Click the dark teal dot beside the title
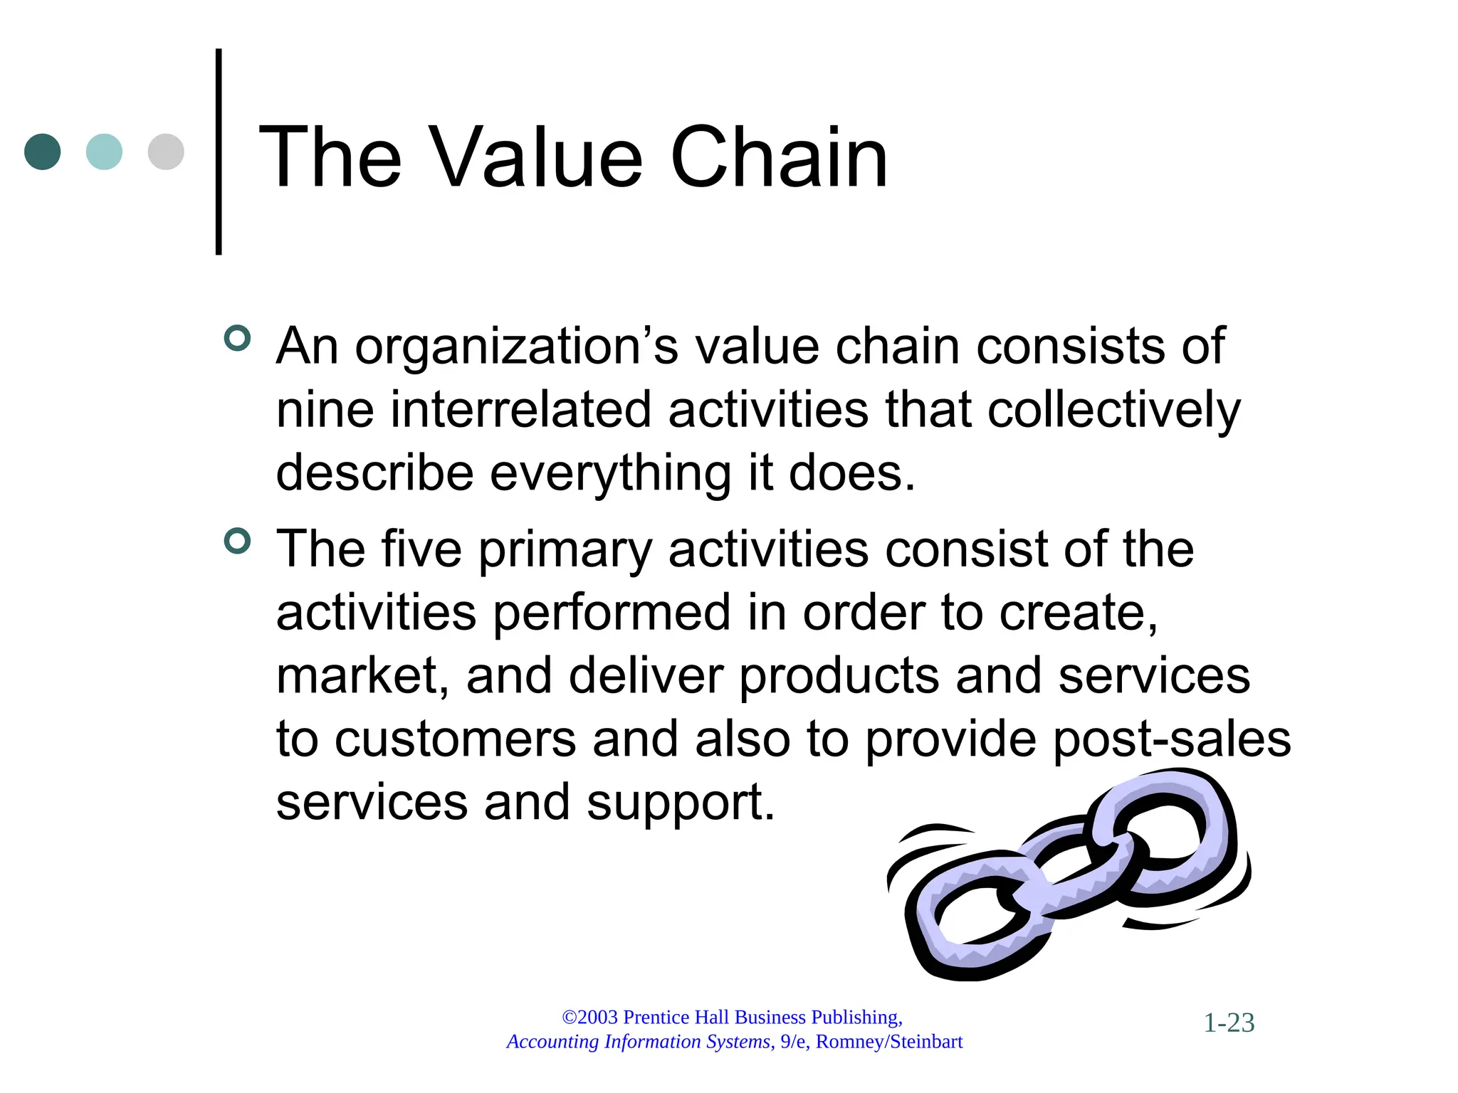(42, 152)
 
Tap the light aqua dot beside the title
(104, 152)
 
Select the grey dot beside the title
(166, 152)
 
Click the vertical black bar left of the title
(219, 152)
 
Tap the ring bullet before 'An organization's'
(237, 338)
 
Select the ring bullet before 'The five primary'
(237, 541)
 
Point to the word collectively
(1113, 411)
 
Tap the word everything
(610, 474)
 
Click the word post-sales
(1171, 740)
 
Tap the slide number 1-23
(1229, 1023)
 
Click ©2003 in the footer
(589, 1018)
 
